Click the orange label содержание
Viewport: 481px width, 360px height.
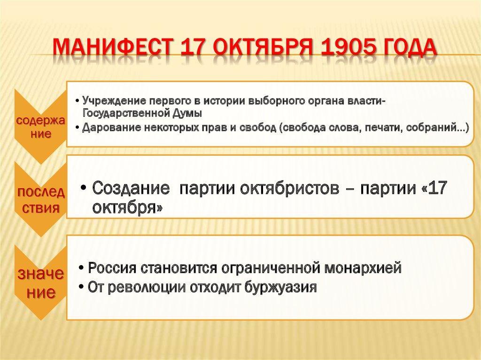tap(40, 127)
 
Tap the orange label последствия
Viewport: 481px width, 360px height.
tap(41, 200)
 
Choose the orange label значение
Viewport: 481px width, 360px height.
tap(41, 282)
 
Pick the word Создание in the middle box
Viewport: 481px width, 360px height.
tap(131, 188)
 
